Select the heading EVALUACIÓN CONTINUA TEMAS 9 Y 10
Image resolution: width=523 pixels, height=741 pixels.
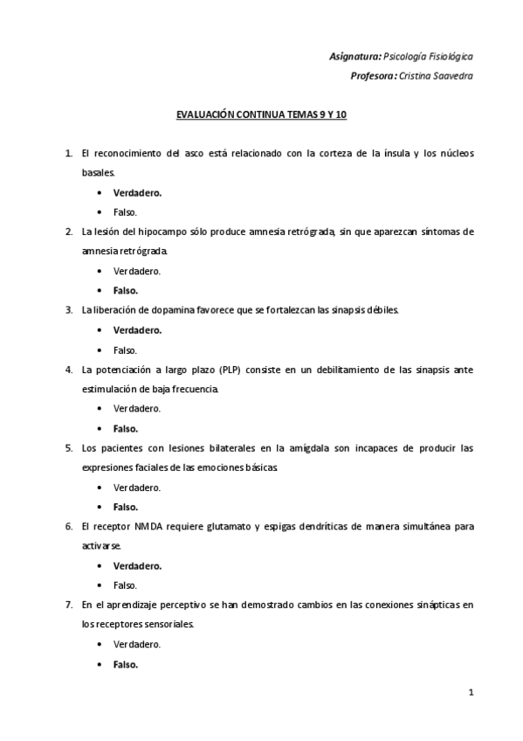(x=262, y=114)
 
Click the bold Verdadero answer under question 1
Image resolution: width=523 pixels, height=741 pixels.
(x=137, y=193)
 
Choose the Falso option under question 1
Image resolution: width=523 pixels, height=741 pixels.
(x=125, y=212)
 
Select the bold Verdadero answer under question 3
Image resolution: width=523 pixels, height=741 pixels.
(x=137, y=330)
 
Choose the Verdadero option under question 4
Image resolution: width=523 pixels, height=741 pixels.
(x=136, y=408)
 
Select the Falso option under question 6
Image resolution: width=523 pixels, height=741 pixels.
(x=125, y=585)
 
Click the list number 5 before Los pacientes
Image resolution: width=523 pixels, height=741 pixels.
(x=68, y=448)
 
